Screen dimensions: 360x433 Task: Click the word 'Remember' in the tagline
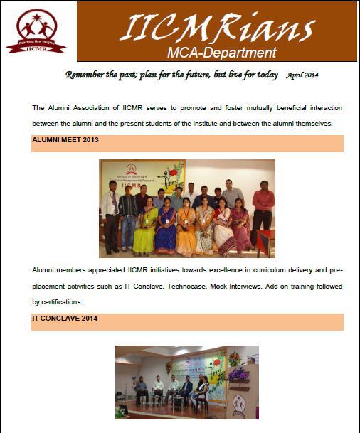pyautogui.click(x=88, y=75)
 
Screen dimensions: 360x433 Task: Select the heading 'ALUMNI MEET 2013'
pyautogui.click(x=65, y=140)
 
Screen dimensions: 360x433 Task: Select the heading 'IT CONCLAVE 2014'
pyautogui.click(x=65, y=318)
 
